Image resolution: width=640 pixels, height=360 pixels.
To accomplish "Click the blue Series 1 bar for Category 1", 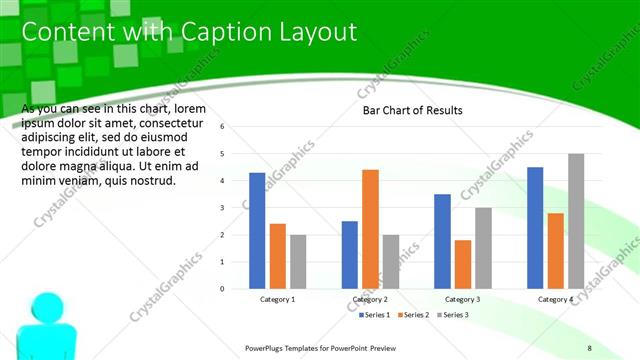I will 257,231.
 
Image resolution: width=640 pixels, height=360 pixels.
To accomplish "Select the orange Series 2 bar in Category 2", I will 370,229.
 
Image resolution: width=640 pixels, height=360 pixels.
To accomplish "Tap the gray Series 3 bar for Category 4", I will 576,221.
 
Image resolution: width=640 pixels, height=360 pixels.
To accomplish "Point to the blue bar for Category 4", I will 535,228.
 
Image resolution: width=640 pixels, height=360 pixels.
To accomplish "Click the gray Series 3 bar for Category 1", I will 298,262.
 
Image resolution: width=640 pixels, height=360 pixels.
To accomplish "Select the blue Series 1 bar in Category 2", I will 350,255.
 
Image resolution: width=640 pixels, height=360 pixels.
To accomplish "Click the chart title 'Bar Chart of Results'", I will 412,110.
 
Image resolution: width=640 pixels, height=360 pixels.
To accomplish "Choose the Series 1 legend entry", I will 375,315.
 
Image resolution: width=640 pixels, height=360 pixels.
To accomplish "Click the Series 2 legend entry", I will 413,315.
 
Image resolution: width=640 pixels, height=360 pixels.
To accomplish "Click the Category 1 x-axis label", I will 277,299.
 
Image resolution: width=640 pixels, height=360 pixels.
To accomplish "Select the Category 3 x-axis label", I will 462,299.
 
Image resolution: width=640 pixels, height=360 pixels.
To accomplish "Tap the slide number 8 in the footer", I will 589,347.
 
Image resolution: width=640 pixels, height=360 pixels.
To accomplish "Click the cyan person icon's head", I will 44,305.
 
